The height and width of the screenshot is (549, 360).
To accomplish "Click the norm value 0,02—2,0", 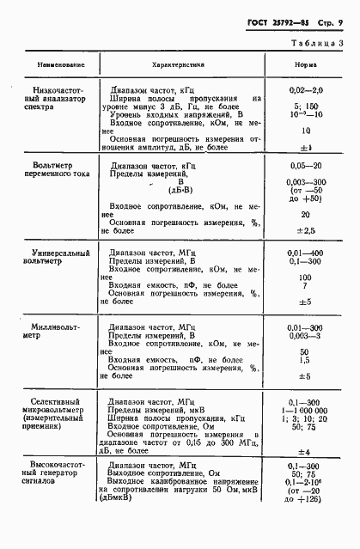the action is click(x=306, y=88).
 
